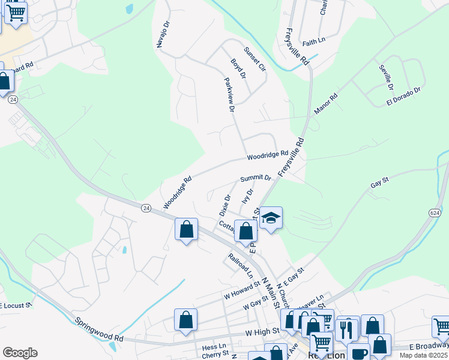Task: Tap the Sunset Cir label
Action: point(254,59)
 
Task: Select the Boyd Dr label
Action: point(238,68)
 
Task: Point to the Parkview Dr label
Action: point(228,95)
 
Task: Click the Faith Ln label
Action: point(313,41)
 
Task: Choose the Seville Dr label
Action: point(385,77)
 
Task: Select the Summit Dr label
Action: point(256,178)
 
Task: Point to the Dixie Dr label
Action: point(224,205)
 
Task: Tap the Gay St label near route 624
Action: point(380,182)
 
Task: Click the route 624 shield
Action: point(435,212)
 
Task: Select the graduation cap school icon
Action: point(271,218)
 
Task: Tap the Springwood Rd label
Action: point(99,329)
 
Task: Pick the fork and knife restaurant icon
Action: point(347,329)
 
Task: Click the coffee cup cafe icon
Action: point(359,353)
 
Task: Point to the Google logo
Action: point(20,353)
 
